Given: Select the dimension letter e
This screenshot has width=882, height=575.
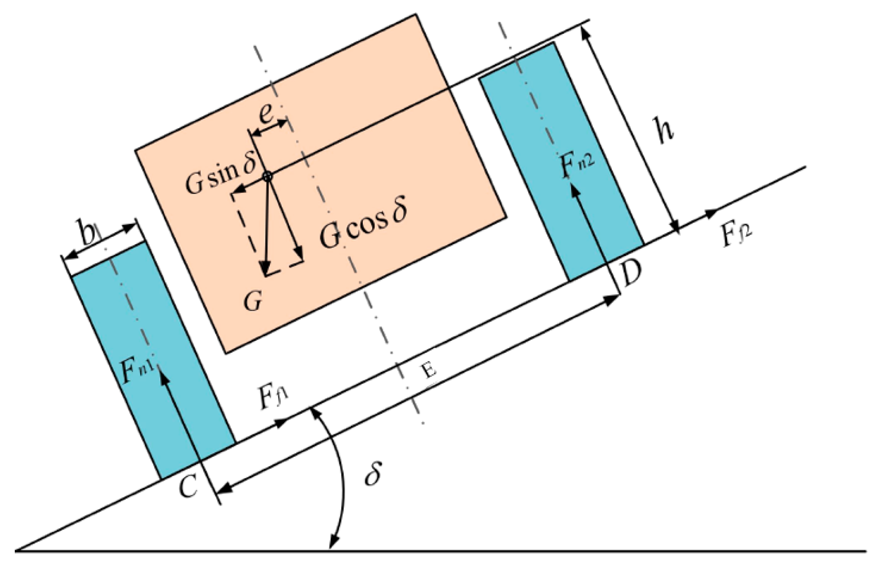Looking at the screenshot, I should coord(267,113).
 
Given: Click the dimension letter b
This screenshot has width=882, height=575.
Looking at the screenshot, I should coord(86,234).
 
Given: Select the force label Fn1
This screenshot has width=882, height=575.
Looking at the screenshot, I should coord(138,371).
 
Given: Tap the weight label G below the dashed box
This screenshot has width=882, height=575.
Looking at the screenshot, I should coord(252,301).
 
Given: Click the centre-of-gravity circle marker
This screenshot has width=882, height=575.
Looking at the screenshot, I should coord(267,175).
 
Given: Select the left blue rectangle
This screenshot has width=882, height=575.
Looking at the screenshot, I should coord(150,358).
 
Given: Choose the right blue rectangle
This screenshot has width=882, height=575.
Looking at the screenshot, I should coord(563,162).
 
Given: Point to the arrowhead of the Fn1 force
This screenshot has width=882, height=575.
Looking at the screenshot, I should coord(164,379).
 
